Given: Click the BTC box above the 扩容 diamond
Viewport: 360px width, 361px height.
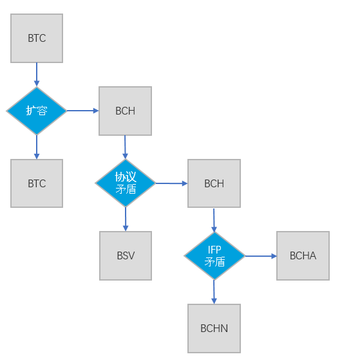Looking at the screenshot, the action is pos(37,38).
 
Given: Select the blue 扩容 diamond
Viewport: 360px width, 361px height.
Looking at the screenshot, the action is pos(37,111).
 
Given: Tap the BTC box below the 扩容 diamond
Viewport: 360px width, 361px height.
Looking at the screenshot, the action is pos(37,183).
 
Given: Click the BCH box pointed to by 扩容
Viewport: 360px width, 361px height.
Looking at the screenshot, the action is pos(125,111).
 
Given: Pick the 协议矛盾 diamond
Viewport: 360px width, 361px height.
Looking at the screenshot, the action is pos(126,183).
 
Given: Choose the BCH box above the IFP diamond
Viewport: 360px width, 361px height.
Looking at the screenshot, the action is pos(214,183).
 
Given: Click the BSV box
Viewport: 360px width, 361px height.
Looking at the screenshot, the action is pos(126,255).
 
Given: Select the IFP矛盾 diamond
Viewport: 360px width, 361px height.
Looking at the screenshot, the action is pos(214,255).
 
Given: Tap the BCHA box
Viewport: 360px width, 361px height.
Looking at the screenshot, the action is pos(303,255).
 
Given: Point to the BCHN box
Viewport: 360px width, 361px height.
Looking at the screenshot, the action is pos(214,328).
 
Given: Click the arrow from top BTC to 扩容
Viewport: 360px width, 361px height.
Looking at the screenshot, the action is pos(37,75).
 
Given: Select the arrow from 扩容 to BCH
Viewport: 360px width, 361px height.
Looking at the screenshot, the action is pos(82,111).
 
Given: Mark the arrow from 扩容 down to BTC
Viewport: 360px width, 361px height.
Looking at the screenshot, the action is pos(37,147).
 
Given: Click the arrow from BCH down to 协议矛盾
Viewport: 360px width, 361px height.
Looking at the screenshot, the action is pos(125,147).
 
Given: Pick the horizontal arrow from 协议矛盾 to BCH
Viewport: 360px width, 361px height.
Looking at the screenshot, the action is pos(172,183).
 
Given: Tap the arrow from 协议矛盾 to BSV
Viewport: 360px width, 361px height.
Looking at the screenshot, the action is pos(126,219).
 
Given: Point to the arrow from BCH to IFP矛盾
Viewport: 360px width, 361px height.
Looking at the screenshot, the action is pos(214,220).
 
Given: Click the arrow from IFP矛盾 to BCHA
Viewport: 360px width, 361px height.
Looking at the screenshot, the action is pos(261,256).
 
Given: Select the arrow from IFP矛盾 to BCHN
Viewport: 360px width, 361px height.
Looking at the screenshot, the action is pos(214,292).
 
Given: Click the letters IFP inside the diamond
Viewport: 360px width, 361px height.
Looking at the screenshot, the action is pos(214,250).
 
